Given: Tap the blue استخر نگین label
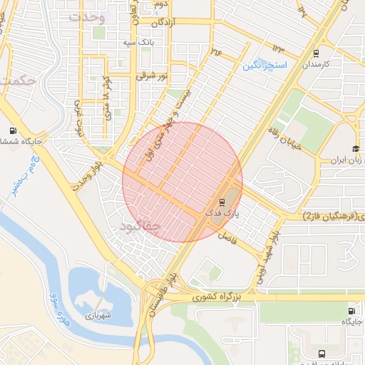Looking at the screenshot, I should (x=264, y=66).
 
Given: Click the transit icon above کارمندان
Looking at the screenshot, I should (x=316, y=53).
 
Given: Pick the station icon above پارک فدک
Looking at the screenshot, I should (x=222, y=201).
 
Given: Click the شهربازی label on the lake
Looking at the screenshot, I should (x=98, y=314).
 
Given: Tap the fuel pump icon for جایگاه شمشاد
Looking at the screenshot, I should (x=12, y=130).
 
